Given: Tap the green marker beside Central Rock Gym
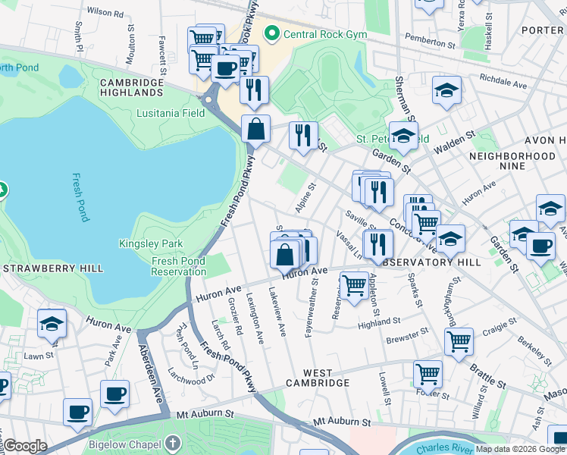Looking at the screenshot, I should click(271, 34).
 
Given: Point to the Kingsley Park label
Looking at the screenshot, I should click(151, 243).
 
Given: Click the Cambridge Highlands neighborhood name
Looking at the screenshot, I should click(131, 87).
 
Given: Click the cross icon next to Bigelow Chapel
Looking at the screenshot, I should click(173, 442).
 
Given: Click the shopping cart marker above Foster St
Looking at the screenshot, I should click(428, 374).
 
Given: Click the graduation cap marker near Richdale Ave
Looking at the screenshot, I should click(447, 90).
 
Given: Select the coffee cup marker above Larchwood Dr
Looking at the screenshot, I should click(114, 394).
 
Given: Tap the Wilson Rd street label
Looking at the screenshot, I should click(105, 13).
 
